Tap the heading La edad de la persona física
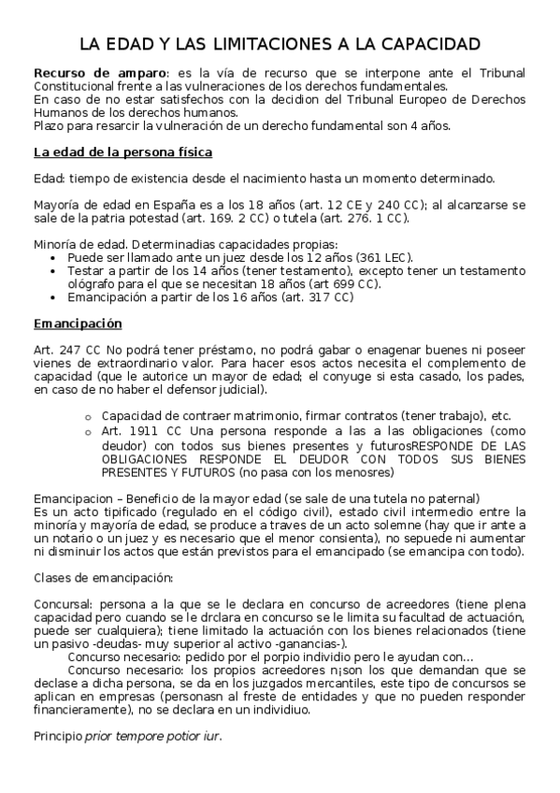tap(122, 151)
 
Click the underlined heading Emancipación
tap(77, 324)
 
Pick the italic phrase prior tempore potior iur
tap(152, 736)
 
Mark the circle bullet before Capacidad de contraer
tap(87, 415)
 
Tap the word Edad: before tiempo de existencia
tap(49, 179)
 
